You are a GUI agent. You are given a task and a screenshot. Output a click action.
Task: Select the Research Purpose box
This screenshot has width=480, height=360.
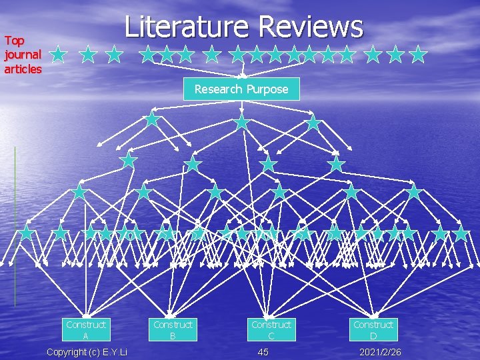(241, 89)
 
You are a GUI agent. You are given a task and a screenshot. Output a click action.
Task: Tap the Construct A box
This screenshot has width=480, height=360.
(86, 330)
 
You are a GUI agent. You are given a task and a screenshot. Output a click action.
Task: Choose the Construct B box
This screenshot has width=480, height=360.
(173, 330)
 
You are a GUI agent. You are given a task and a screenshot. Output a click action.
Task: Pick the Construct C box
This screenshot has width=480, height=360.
(271, 330)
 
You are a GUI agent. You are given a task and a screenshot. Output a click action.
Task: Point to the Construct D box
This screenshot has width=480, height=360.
(373, 330)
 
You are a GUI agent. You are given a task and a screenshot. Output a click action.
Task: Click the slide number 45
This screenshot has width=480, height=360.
(263, 351)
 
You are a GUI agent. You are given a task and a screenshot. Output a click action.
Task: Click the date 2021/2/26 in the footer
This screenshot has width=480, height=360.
(381, 351)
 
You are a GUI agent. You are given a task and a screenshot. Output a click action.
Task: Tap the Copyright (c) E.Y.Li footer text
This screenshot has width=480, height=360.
(87, 351)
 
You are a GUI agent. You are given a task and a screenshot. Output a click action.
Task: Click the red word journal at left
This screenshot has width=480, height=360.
(22, 55)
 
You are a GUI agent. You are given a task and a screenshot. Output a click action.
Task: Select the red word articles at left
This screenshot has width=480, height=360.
(23, 69)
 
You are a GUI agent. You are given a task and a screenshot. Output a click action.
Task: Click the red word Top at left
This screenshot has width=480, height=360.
(14, 41)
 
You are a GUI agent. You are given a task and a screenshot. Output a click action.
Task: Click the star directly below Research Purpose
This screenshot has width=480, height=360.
(242, 122)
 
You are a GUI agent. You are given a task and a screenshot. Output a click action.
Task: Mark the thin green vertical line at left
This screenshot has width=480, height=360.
(15, 227)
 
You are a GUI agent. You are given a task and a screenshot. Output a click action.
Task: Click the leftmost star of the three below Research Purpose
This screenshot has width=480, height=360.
(152, 119)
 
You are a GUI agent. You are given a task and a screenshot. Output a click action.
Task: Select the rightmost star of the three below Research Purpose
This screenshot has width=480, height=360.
(313, 122)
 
